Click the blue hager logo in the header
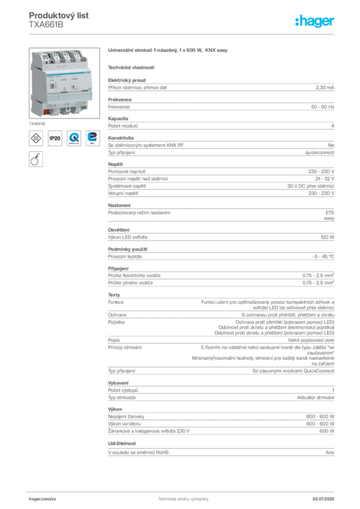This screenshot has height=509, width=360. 316,21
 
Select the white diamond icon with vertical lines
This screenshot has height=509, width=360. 36,138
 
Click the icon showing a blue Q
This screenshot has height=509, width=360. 74,138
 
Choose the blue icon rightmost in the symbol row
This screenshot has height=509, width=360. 92,138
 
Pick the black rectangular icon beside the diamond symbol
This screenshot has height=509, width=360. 55,138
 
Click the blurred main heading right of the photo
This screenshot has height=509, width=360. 169,51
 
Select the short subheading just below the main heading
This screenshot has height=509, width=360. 131,67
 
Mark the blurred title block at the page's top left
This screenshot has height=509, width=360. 60,20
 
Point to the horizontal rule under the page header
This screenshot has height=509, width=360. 183,34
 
